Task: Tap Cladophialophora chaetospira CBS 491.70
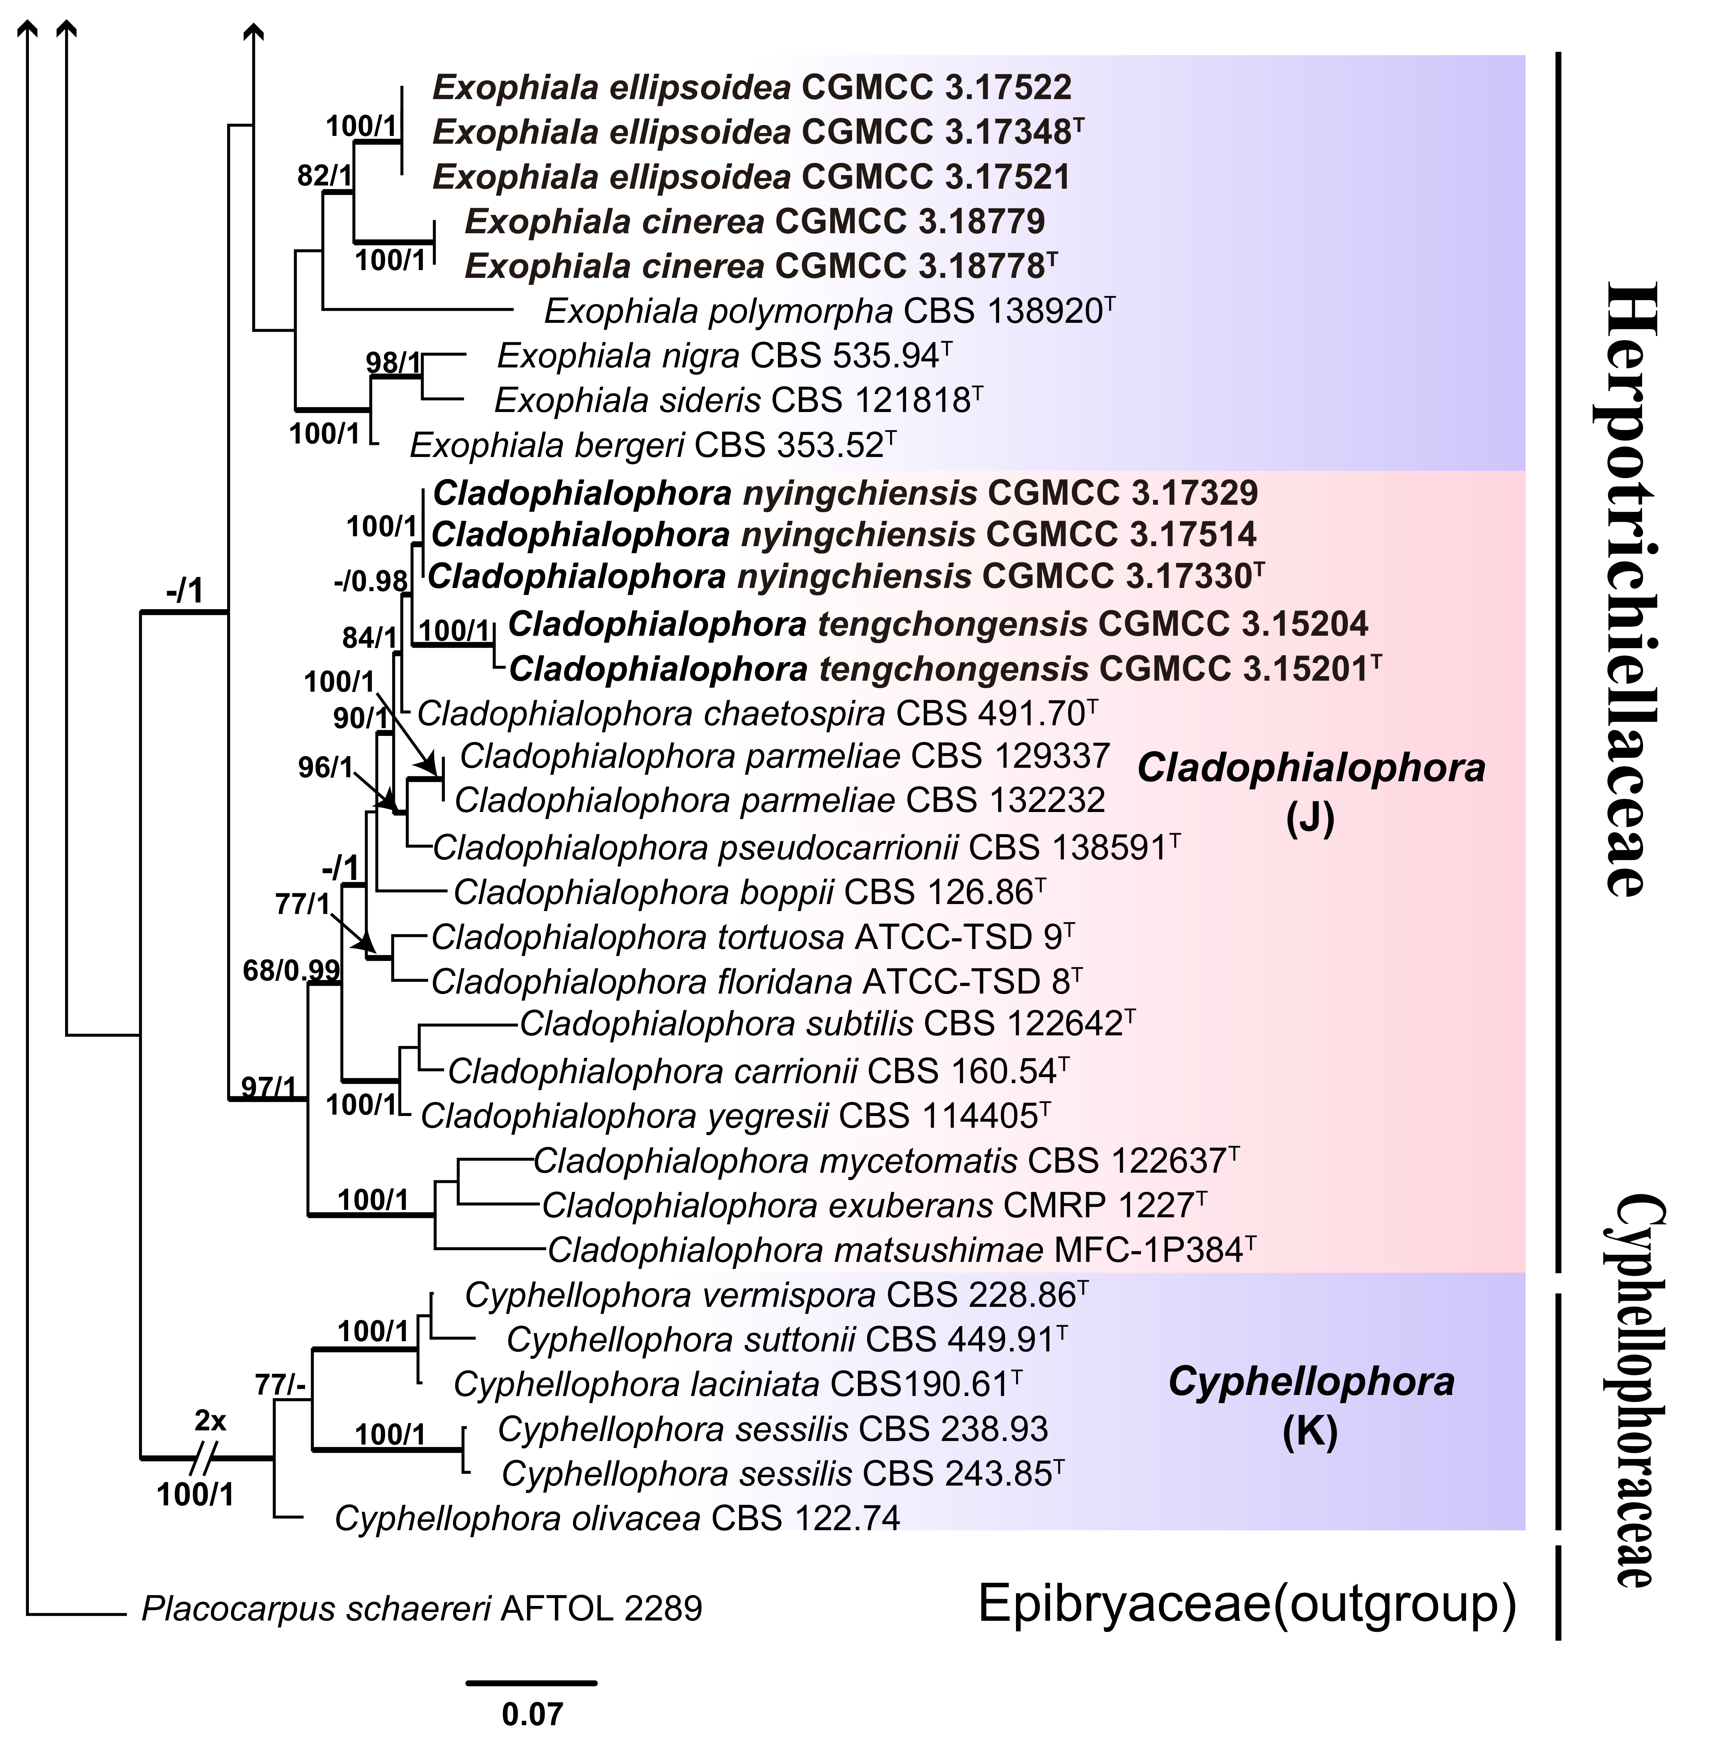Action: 757,713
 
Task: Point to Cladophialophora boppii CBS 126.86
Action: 749,892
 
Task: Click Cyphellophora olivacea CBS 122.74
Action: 617,1518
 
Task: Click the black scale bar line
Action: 532,1682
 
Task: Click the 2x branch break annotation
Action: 211,1421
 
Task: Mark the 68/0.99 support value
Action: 291,970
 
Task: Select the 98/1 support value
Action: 392,363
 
